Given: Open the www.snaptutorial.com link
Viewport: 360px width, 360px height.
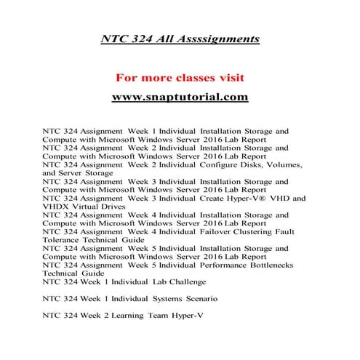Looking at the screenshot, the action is (x=180, y=97).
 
